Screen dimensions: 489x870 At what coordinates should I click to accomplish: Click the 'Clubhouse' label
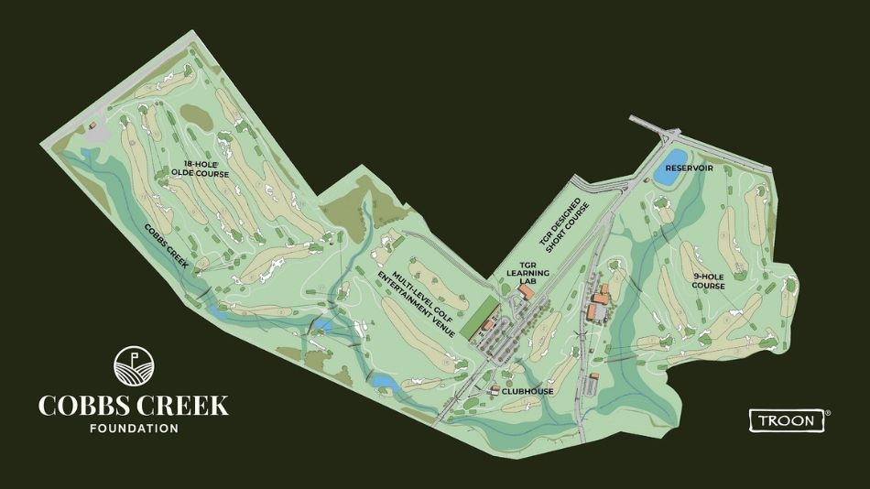point(532,391)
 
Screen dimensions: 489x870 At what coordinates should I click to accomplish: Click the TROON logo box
point(787,420)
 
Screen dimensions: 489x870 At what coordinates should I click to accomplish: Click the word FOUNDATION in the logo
point(133,428)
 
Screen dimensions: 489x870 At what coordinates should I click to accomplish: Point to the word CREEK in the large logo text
point(182,405)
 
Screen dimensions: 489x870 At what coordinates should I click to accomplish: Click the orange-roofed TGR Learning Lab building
point(526,293)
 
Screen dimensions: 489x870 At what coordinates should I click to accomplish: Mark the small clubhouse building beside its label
point(495,391)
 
